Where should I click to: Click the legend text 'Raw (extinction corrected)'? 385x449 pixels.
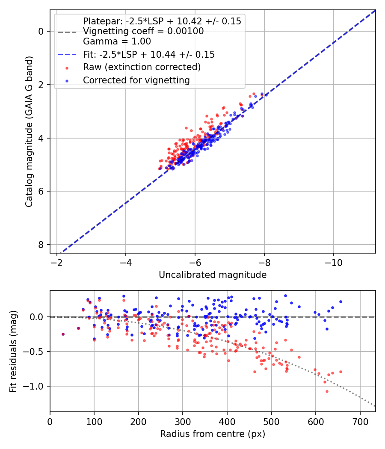point(142,67)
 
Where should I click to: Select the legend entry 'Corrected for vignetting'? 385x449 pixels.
point(136,80)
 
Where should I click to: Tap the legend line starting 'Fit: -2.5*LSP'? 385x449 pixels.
point(149,54)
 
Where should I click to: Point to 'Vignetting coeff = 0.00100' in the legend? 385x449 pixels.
point(143,31)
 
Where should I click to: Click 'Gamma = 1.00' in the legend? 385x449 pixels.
point(117,41)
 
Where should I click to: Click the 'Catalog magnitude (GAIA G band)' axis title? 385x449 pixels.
point(29,131)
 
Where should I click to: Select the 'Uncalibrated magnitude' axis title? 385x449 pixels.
point(213,275)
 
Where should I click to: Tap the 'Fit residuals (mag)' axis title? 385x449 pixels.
point(13,352)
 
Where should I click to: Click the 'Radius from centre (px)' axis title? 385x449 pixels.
point(213,434)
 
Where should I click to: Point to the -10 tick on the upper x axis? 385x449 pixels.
point(333,263)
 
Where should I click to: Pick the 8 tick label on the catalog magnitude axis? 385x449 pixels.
point(41,245)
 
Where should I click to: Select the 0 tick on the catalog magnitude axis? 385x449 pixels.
point(41,32)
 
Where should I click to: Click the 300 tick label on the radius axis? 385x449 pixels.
point(183,422)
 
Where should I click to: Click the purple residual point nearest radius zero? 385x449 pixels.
point(63,334)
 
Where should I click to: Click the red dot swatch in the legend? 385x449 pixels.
point(67,68)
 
